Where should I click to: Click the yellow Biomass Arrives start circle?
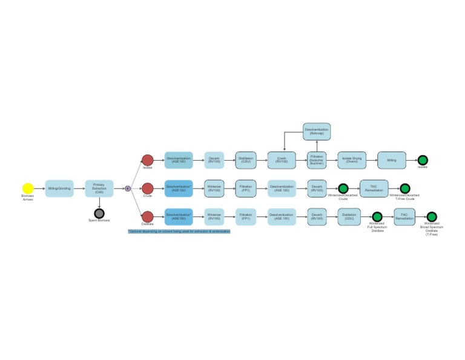28,188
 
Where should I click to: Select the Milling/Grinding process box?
59,188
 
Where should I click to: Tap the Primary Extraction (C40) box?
99,188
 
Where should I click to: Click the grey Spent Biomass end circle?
99,213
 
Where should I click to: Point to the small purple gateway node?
128,188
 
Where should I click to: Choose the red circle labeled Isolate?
148,160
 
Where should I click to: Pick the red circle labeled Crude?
148,188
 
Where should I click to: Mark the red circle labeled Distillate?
148,216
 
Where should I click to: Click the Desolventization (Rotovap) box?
317,132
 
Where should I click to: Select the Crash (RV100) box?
282,160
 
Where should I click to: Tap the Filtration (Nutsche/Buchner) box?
317,160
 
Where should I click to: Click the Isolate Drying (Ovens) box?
352,160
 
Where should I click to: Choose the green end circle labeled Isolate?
423,160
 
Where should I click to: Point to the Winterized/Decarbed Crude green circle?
343,188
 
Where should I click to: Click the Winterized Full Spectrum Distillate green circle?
377,216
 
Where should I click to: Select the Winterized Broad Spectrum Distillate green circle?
432,216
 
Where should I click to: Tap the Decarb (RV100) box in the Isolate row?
214,160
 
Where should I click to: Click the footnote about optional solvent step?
179,231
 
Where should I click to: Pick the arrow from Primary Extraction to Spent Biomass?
99,202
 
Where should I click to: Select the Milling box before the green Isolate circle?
392,160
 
